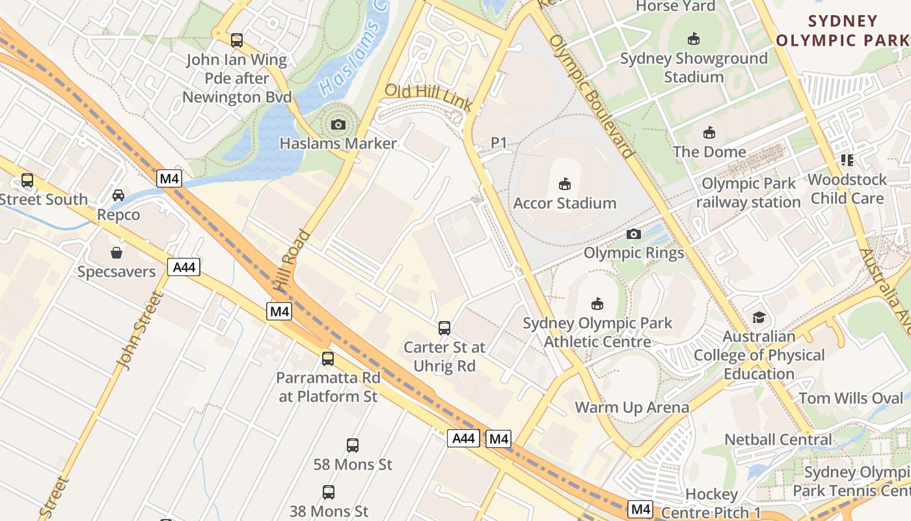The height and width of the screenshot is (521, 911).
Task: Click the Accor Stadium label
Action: pos(565,203)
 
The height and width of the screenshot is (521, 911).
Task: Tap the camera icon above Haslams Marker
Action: pos(338,124)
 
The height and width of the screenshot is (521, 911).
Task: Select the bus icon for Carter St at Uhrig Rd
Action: pos(444,328)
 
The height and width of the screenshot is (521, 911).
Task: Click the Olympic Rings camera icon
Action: pos(634,234)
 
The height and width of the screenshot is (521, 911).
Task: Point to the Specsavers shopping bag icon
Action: pos(116,253)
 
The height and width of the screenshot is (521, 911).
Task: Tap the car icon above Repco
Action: pos(118,195)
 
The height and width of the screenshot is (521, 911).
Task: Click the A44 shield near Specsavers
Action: pos(184,267)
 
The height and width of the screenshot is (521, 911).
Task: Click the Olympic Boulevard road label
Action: pos(591,96)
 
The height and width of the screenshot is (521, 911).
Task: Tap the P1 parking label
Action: pos(498,142)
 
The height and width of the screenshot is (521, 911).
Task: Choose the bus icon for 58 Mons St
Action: pos(352,445)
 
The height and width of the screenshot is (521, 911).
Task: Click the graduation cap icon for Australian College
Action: pos(759,318)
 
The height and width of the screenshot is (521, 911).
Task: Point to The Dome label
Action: pos(709,152)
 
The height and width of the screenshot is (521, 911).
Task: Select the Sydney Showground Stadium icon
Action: pos(694,39)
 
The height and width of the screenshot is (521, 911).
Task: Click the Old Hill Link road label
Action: pos(428,98)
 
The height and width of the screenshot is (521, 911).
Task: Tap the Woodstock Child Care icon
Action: pos(847,160)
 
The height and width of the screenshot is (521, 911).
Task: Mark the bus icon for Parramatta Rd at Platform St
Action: pos(328,359)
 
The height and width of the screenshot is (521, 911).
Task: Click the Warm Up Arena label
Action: pos(632,408)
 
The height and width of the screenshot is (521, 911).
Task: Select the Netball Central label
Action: pos(778,440)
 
